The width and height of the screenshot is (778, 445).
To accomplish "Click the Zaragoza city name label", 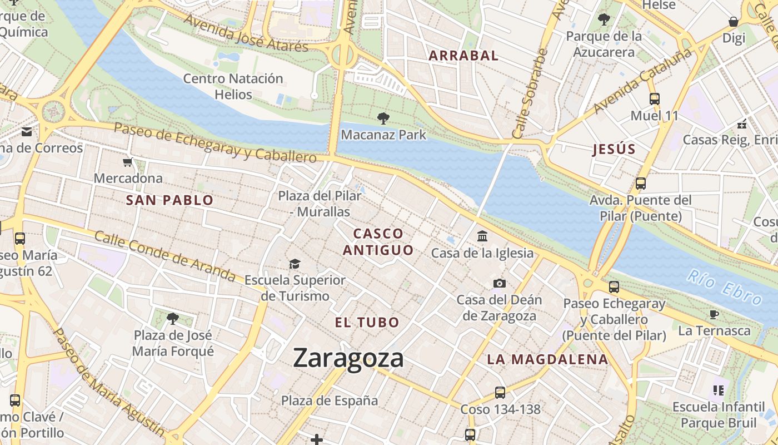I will point(348,358).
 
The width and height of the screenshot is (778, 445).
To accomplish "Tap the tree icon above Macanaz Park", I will point(383,118).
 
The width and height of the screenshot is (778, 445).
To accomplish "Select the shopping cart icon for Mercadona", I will point(128,162).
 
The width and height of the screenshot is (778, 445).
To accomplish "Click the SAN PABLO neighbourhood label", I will point(169,200).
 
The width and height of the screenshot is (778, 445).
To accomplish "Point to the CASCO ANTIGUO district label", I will point(378,242).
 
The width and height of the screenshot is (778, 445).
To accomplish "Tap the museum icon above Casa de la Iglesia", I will point(482,236).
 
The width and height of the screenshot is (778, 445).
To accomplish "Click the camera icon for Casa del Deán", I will point(499,284).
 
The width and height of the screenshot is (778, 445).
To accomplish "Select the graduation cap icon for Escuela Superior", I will point(295,264).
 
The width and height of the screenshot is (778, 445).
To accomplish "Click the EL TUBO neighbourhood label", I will point(367,322).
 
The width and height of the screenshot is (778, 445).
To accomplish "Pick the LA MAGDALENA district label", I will point(547,359).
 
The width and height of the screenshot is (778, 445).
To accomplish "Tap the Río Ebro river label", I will point(725,286).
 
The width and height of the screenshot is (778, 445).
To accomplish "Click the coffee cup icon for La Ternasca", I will point(714,315).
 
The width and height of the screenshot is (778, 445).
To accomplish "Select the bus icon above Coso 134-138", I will point(500,393).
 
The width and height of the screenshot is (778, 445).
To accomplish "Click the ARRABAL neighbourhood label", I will point(463,56).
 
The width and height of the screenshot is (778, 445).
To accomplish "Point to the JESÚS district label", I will point(614,149).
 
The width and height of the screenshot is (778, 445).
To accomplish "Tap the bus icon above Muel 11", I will point(655,99).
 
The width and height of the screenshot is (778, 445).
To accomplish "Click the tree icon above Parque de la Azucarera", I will point(604,20).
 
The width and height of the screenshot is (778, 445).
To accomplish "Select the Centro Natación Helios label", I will point(233,86).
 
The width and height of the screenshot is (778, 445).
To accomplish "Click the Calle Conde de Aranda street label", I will point(164,255).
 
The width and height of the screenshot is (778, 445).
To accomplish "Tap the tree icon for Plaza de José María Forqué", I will point(173,319).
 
